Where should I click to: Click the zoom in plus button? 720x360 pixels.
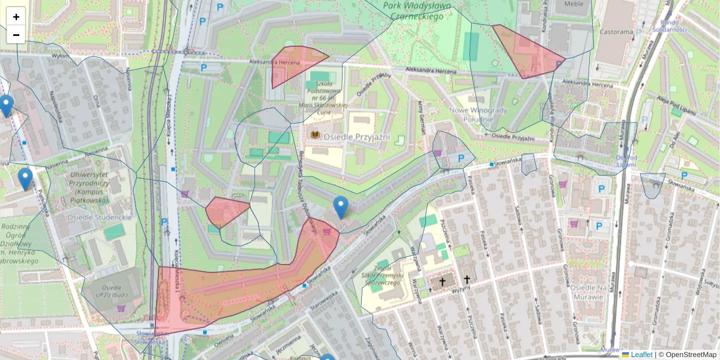16,17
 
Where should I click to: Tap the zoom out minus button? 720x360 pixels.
16,35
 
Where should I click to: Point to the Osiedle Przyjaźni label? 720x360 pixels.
356,137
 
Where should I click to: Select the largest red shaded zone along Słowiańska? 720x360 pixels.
240,294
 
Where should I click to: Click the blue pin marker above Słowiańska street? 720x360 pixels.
340,207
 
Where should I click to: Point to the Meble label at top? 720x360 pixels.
574,4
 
